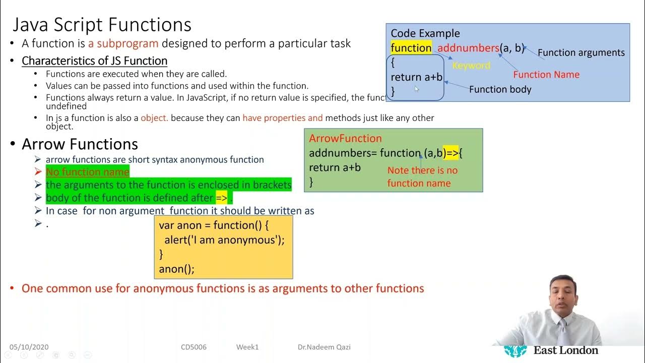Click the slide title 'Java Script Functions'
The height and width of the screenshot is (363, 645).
pos(102,25)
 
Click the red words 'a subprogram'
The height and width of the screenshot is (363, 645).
pos(123,43)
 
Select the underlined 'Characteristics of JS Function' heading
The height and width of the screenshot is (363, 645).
pos(94,61)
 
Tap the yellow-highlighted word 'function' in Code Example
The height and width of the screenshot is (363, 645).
pos(411,48)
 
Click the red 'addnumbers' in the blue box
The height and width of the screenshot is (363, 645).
pos(468,48)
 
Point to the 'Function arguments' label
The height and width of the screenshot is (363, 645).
pos(581,52)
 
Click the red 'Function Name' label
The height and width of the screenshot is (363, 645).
pos(546,75)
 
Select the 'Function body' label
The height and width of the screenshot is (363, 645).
pos(500,89)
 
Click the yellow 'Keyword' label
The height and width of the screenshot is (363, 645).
pos(471,66)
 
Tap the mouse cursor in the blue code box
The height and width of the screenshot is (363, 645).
pos(417,89)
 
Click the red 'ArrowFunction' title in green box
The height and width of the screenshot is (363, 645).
pos(345,138)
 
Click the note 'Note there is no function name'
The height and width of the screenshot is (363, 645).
pos(422,176)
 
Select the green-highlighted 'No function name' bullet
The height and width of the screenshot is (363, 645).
pos(88,172)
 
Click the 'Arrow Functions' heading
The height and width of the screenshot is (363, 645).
pos(80,144)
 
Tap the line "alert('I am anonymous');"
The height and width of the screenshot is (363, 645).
pos(224,240)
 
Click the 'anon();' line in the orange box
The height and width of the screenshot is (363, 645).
pos(176,269)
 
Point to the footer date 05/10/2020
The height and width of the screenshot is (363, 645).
pos(29,347)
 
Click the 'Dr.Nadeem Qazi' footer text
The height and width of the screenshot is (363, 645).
pos(324,347)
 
